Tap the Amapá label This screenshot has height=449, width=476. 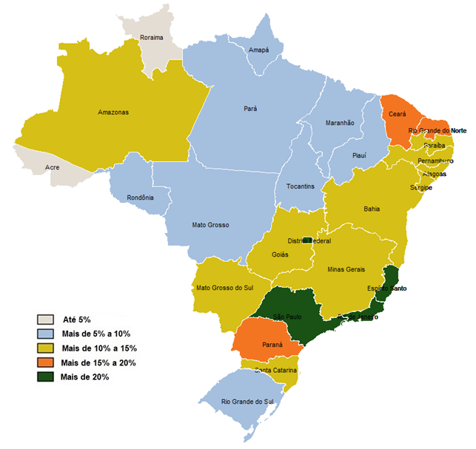point(258,50)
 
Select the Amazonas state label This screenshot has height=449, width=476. point(113,112)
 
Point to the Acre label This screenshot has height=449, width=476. point(53,168)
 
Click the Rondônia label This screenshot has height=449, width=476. point(140,198)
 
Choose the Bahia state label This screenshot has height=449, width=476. point(372,209)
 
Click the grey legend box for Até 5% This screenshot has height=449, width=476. point(45,320)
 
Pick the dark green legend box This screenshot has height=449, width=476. point(45,377)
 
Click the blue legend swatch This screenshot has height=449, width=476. point(45,334)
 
